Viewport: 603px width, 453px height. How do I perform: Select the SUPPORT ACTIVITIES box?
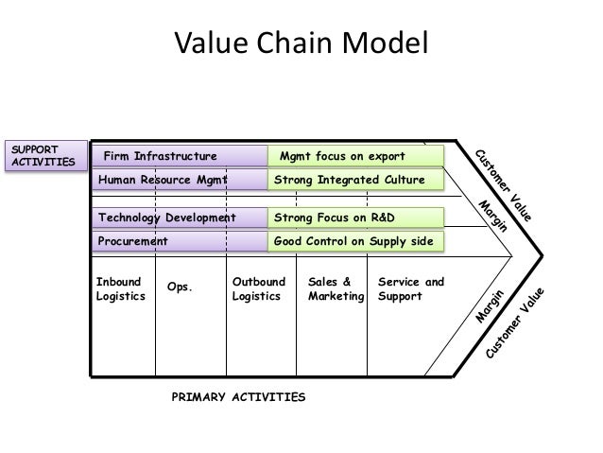coord(41,157)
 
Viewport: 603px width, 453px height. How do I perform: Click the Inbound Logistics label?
coord(120,289)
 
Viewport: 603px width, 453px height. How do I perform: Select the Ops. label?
coord(179,287)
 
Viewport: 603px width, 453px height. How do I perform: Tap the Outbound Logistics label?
coord(256,289)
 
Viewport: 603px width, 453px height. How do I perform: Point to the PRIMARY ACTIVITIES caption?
coord(237,398)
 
